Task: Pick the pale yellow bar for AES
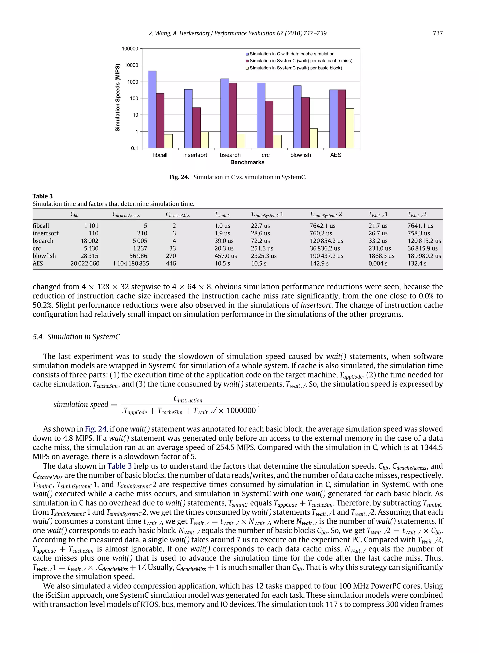(350, 128)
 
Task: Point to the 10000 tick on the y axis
(131, 65)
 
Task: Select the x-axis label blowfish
(300, 155)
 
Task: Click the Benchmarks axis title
(247, 162)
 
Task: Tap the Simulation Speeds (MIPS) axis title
(118, 97)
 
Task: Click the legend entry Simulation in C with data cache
(292, 54)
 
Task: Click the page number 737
(437, 33)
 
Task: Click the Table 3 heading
(43, 196)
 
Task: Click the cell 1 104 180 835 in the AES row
(131, 263)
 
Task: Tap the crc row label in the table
(36, 248)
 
